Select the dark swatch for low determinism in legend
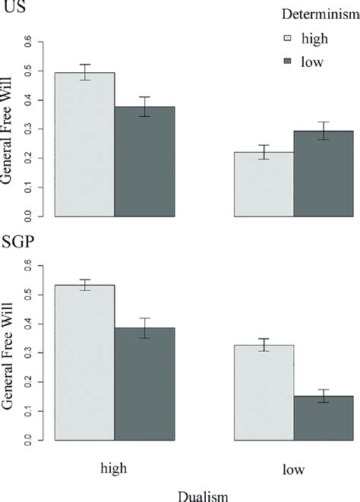click(287, 62)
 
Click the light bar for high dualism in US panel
click(84, 144)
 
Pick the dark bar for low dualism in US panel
click(324, 174)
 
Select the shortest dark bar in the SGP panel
click(324, 418)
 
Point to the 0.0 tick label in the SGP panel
click(31, 440)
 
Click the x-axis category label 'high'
click(114, 469)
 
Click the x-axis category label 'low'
click(293, 470)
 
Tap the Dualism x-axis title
click(203, 494)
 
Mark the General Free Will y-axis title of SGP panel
click(8, 352)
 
